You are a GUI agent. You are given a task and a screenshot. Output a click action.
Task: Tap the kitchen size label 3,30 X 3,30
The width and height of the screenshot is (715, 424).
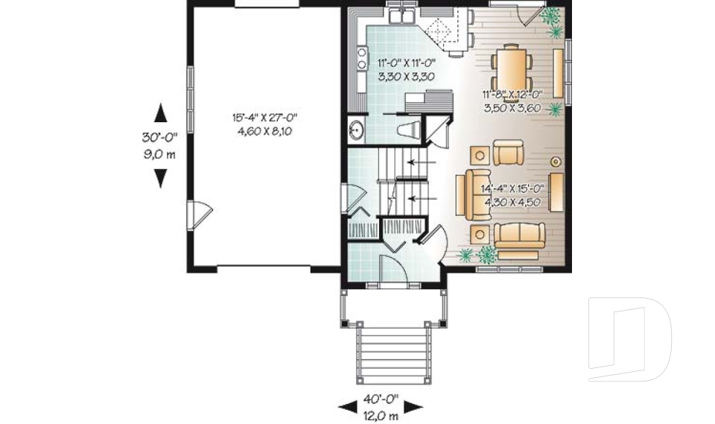[x=407, y=76]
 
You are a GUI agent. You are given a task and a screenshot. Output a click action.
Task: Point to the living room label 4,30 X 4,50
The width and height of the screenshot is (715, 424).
[x=515, y=202]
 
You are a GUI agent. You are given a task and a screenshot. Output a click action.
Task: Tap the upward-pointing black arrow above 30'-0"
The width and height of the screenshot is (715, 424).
[x=160, y=113]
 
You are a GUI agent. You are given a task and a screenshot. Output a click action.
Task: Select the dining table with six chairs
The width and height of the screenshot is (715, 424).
[x=513, y=66]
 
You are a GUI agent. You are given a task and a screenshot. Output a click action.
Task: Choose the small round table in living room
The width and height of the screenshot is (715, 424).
[x=555, y=161]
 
